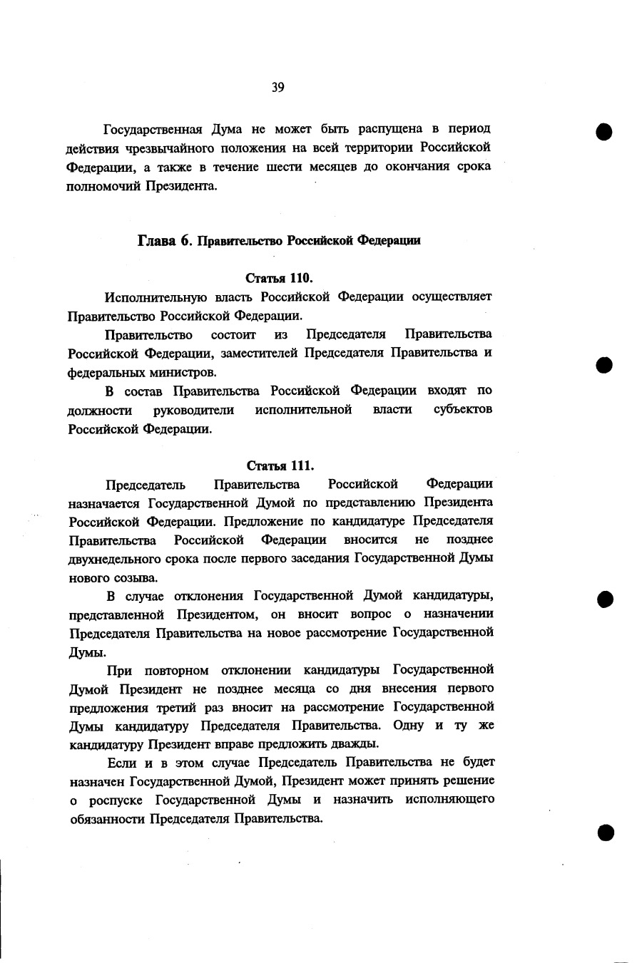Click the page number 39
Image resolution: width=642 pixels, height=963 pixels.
tap(278, 88)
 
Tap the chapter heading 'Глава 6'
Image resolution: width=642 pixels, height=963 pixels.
tap(165, 240)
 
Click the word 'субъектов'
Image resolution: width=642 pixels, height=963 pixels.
tap(463, 410)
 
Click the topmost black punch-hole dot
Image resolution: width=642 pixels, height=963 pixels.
tap(606, 133)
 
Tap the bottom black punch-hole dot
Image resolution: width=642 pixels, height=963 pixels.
tap(606, 833)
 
